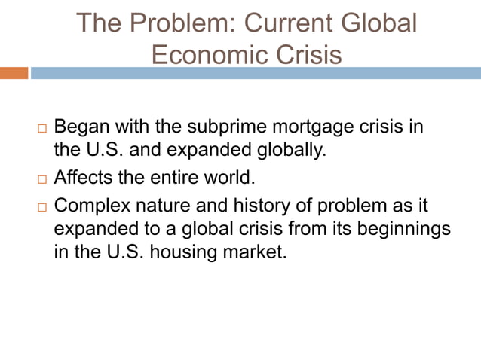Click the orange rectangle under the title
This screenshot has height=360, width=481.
(14, 73)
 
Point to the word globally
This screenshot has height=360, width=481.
(290, 149)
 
